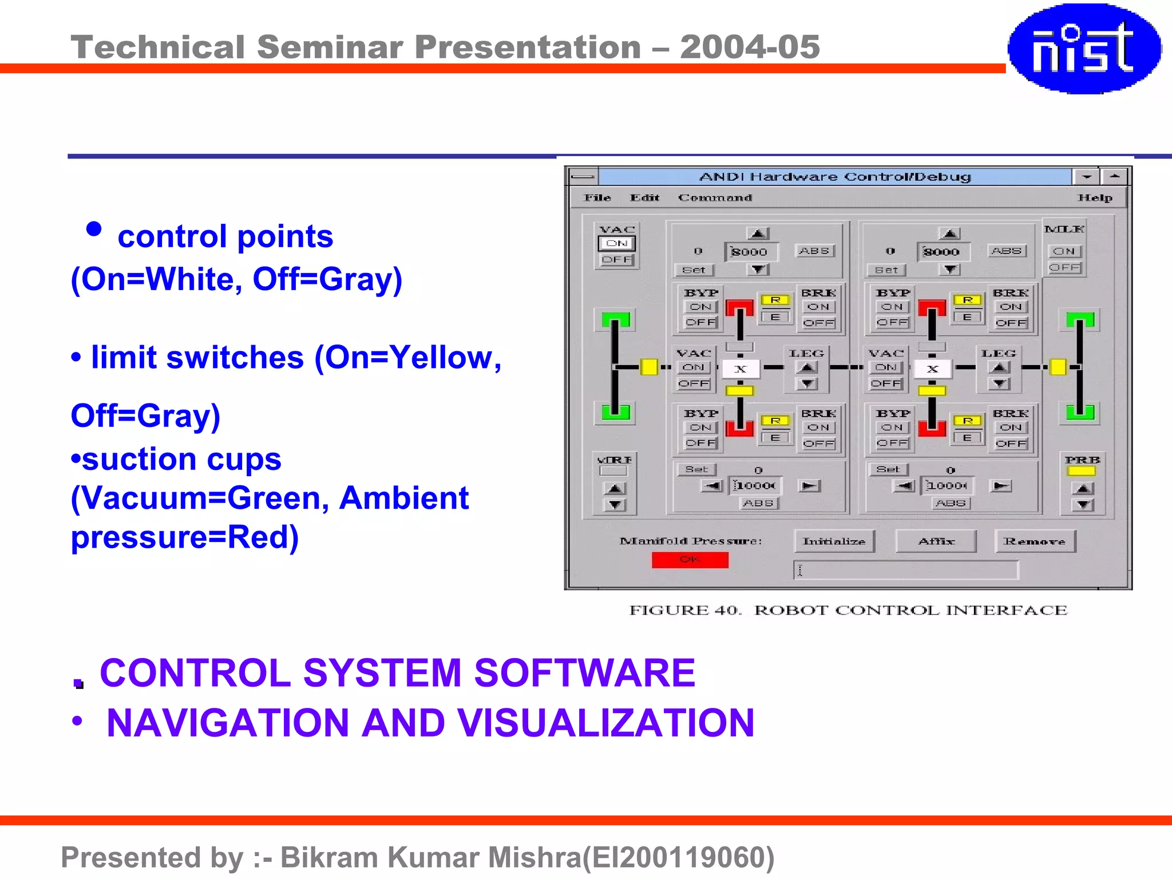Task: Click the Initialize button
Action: (x=834, y=541)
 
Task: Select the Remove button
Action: (x=1035, y=541)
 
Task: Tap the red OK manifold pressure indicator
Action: (x=690, y=559)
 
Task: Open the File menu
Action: (x=597, y=197)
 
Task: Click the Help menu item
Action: (x=1095, y=197)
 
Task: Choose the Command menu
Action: (x=715, y=197)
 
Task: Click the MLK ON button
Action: (x=1064, y=251)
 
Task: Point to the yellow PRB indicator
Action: (x=1081, y=471)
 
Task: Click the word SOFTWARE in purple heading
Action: (x=584, y=672)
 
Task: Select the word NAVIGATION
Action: (x=228, y=723)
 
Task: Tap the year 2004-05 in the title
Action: (x=750, y=47)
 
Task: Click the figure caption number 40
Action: (x=727, y=610)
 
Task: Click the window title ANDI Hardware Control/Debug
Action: (x=835, y=176)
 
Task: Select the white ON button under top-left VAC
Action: (x=616, y=243)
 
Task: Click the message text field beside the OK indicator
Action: (x=905, y=570)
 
